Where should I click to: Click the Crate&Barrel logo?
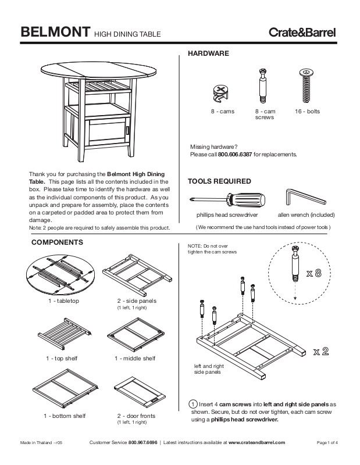coord(302,32)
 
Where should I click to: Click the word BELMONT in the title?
coord(55,31)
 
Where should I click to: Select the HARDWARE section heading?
coord(208,53)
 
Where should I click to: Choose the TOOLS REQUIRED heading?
coord(219,181)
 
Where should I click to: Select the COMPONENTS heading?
coord(58,242)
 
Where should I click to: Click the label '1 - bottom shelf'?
coord(63,416)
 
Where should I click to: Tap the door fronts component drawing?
coord(136,392)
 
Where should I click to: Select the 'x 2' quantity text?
coord(322,351)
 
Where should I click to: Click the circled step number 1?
coord(193,404)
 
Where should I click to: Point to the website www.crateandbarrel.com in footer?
coord(257,443)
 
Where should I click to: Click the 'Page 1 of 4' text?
coord(327,443)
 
